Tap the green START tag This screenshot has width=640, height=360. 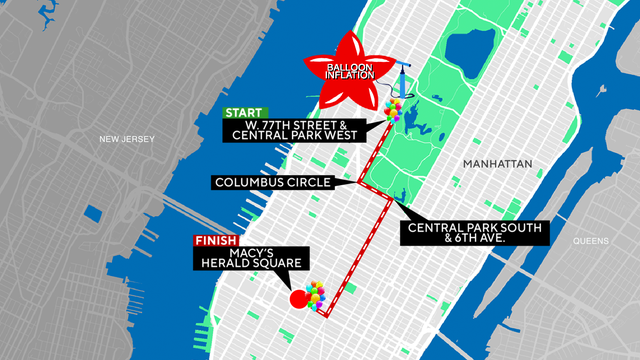(244, 112)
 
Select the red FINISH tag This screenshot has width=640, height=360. (216, 241)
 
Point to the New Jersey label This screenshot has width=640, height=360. (128, 139)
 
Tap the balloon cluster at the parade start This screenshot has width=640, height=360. (394, 110)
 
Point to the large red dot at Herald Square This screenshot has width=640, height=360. (299, 298)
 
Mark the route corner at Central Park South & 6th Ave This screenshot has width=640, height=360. (388, 199)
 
